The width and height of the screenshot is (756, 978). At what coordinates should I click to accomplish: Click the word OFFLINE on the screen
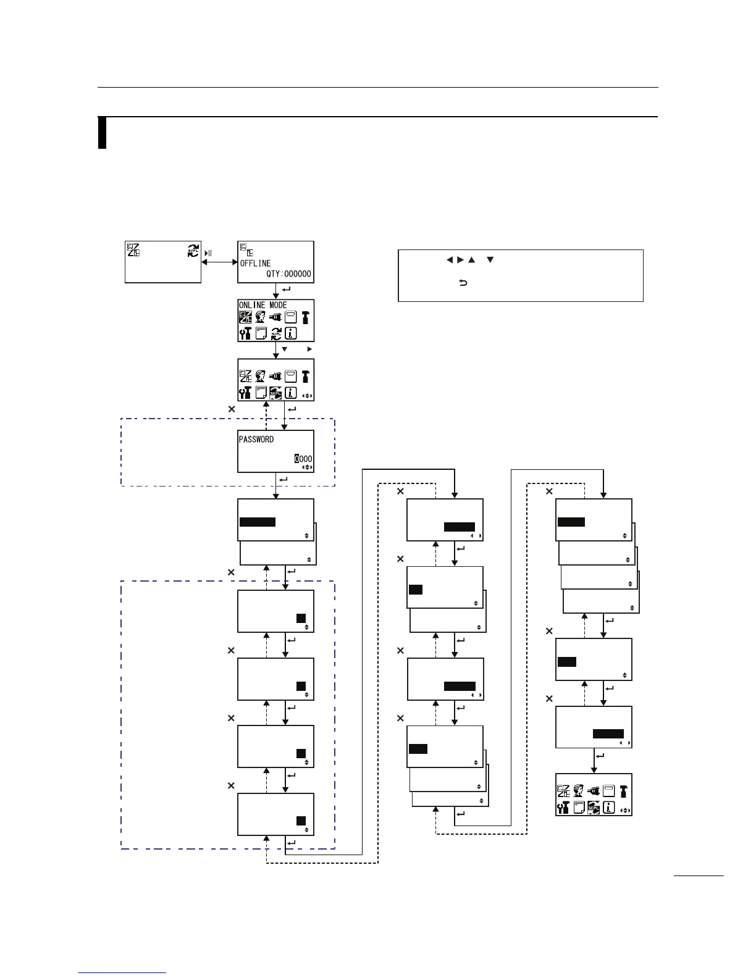point(255,264)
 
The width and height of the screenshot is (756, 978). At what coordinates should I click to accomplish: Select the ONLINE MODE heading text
point(263,305)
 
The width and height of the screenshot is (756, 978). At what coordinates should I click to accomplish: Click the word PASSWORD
point(256,440)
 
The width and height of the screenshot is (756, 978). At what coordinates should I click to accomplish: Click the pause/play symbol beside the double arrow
point(209,253)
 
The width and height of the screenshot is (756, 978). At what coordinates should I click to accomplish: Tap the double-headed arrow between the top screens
point(219,262)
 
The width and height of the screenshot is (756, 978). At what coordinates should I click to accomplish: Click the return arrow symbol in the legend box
point(463,283)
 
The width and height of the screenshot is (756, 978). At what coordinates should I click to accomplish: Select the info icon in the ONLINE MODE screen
point(290,334)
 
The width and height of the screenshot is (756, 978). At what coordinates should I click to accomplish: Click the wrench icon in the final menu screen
point(563,808)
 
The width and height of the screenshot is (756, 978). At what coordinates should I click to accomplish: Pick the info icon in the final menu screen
point(608,808)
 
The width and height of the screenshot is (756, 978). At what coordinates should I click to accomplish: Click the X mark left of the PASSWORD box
point(232,409)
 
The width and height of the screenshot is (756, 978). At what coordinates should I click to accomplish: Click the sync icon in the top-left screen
point(193,250)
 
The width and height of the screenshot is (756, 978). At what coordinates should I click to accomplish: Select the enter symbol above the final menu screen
point(600,755)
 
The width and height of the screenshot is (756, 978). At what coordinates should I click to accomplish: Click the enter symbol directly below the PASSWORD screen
point(283,480)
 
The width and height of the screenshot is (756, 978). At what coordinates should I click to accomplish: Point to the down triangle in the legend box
point(489,260)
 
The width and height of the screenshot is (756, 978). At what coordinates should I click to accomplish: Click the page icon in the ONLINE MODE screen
point(261,334)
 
